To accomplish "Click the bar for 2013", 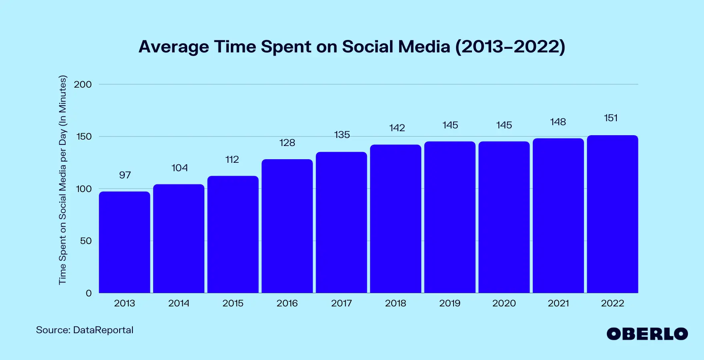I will coord(124,242).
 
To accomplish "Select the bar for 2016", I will coord(287,226).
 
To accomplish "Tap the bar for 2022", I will coord(612,214).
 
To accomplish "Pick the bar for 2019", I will coord(450,217).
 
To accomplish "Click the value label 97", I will coord(125,175).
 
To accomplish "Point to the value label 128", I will coord(287,143).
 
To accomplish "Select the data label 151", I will coord(611,118).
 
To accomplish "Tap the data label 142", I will coord(397,128).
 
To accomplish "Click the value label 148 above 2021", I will coord(558,122).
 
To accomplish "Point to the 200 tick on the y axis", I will coord(83,84).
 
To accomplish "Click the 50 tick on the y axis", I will coord(86,241).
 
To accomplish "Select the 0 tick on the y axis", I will coord(89,293).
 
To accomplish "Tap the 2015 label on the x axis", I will coord(233,303).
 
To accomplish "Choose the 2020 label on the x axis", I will coord(504,303).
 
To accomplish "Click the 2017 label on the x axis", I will coord(341,303).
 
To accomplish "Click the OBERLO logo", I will coord(647,334).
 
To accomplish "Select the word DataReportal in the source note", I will coord(103,330).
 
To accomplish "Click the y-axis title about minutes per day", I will coord(63,180).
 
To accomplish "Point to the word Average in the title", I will coord(174,47).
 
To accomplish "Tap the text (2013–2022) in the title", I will coord(510,47).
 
